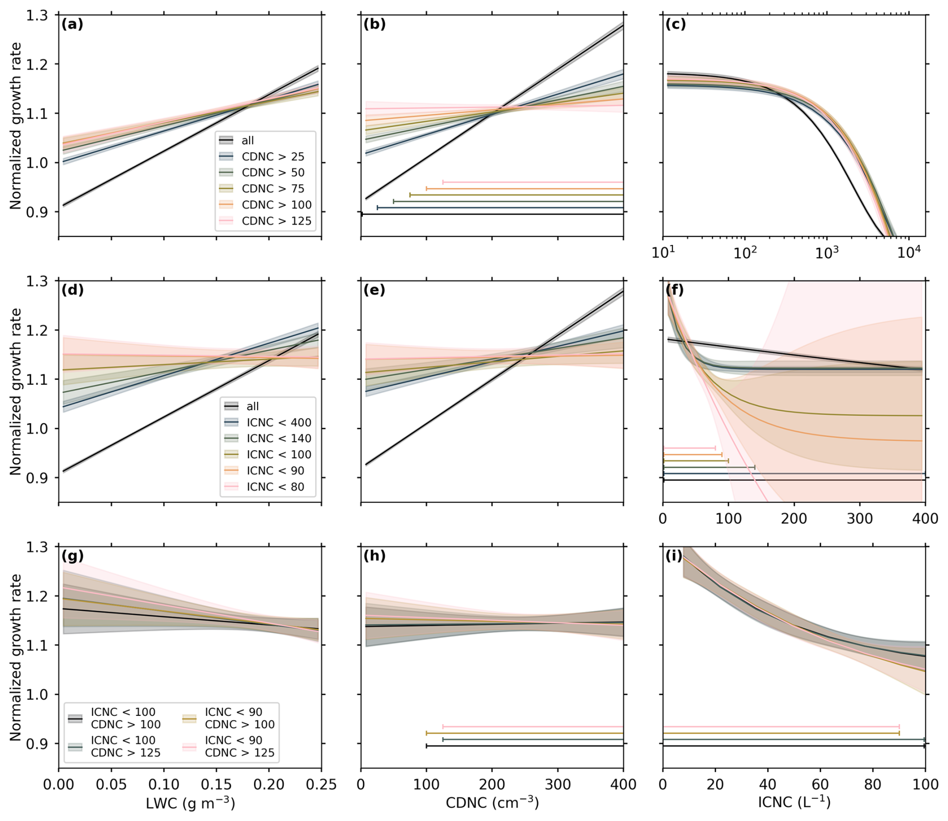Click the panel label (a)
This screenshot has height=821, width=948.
(x=72, y=25)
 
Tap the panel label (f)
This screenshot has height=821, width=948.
(x=675, y=290)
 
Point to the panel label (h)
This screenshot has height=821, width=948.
(x=374, y=556)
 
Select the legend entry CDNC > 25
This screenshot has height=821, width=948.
(x=273, y=157)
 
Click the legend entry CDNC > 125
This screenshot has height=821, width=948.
(x=276, y=221)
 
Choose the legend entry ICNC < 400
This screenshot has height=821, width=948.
(x=279, y=422)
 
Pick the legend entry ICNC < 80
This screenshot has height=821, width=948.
(x=275, y=487)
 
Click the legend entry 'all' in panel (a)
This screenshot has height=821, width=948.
(x=248, y=141)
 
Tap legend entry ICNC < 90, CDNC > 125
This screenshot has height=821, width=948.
(x=240, y=746)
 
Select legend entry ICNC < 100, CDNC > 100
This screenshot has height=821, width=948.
(x=125, y=718)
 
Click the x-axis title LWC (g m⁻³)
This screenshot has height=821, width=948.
(x=190, y=803)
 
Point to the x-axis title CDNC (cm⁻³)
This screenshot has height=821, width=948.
(x=492, y=803)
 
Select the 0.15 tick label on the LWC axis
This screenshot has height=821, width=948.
(x=216, y=784)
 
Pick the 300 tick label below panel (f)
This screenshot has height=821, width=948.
(x=859, y=518)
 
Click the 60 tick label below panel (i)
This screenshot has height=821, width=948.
(x=820, y=784)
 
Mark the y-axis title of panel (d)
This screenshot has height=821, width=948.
(x=16, y=392)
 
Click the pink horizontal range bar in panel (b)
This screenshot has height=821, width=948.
(x=533, y=182)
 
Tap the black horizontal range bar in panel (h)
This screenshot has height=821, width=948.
(x=525, y=746)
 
